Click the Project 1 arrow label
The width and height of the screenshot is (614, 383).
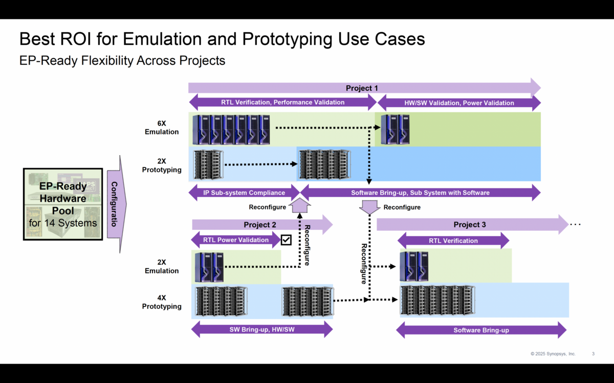tap(362, 88)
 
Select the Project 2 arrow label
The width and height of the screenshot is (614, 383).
tap(260, 225)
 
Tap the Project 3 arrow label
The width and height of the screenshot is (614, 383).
tap(470, 225)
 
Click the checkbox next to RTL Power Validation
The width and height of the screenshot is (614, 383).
tap(286, 240)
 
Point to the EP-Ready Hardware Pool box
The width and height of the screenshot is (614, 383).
tap(63, 204)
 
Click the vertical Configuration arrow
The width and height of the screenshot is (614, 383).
tap(115, 204)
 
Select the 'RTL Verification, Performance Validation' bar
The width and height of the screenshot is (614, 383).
tap(282, 102)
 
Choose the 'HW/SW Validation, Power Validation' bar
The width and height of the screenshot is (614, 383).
tap(459, 103)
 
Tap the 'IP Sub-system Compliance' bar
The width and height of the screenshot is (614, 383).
tap(244, 193)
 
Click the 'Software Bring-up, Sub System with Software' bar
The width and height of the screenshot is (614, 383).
tap(420, 193)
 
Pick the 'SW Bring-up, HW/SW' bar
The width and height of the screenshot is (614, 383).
tap(261, 329)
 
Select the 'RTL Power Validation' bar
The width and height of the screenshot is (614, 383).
tap(235, 240)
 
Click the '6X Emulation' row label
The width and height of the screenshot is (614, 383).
tap(162, 128)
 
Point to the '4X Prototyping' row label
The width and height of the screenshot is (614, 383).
tap(162, 302)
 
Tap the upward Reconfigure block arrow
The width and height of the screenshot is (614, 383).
tap(300, 206)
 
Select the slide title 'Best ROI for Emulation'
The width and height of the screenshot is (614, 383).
tap(222, 39)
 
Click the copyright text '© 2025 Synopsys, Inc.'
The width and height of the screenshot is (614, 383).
tap(553, 354)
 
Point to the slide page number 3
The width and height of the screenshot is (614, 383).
tap(593, 354)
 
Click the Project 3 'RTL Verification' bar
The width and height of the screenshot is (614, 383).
tap(453, 241)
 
